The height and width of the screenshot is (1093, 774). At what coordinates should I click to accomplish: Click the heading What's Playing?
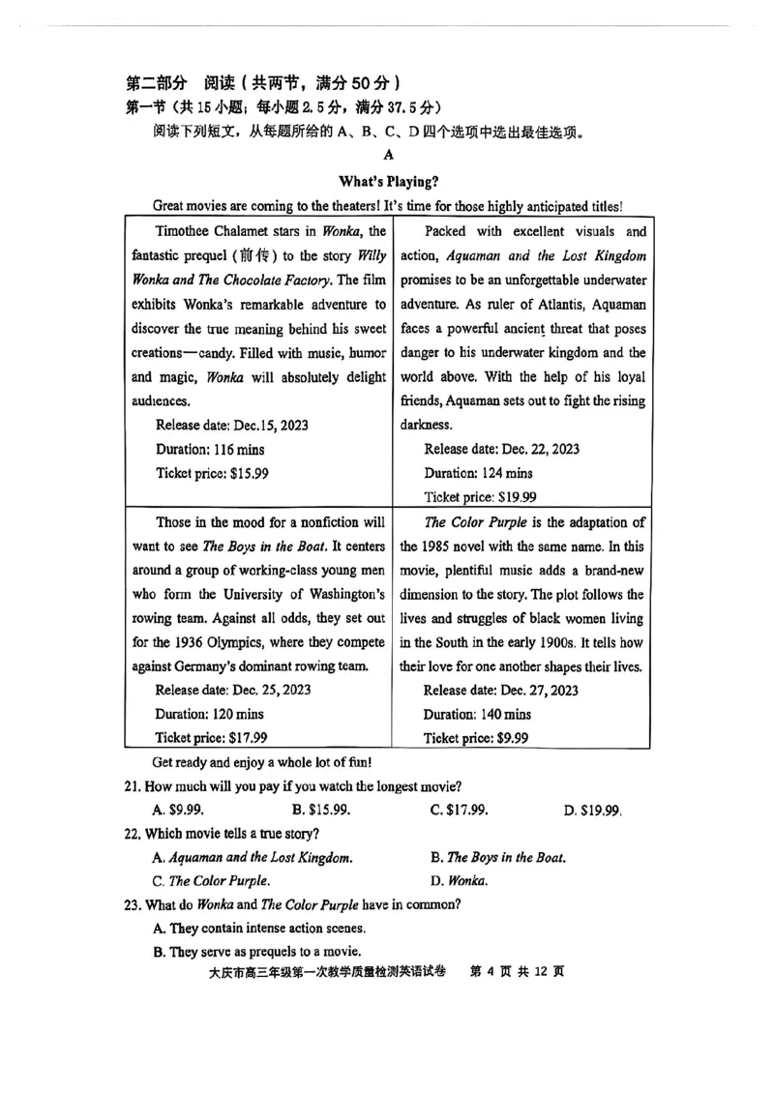388,181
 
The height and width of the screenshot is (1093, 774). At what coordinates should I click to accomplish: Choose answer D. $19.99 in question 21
592,810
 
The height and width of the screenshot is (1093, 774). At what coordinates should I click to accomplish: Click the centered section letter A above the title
388,155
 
